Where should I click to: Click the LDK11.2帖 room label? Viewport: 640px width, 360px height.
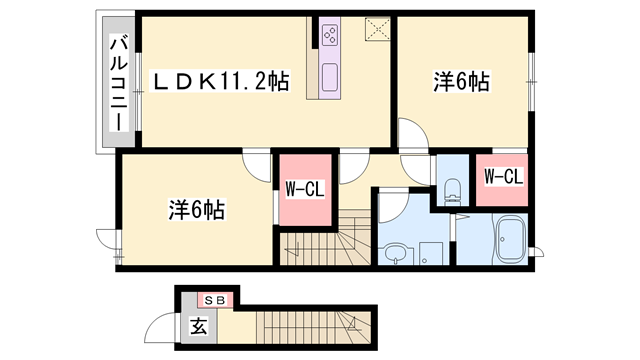click(x=221, y=82)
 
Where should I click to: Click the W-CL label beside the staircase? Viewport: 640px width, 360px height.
click(x=303, y=189)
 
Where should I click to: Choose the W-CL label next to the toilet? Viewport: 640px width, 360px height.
click(x=503, y=177)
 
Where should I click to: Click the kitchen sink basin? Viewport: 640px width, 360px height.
click(x=331, y=75)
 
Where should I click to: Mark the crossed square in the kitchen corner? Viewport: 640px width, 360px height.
click(x=376, y=26)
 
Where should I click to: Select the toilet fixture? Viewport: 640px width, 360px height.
click(x=450, y=187)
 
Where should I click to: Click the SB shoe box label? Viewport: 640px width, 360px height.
click(x=215, y=299)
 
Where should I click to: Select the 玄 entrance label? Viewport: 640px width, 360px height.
click(x=198, y=325)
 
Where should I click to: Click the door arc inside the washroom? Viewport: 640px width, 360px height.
click(x=393, y=205)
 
